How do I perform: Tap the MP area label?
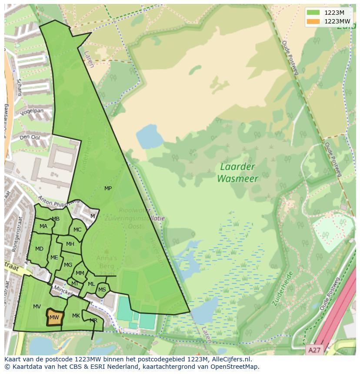point(108,189)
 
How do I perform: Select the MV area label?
point(37,307)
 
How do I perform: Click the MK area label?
point(76,316)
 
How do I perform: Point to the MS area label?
point(102,290)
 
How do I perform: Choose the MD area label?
point(39,249)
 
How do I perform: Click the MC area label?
point(77,230)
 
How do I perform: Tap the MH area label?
point(70,244)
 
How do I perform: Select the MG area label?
point(68,265)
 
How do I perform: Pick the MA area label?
point(43,226)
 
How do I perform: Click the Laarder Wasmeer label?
point(237,172)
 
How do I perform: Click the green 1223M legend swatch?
point(312,13)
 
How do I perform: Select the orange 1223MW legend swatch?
point(312,21)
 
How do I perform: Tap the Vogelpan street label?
point(33,112)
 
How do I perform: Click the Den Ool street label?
point(30,137)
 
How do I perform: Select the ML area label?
point(91,284)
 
